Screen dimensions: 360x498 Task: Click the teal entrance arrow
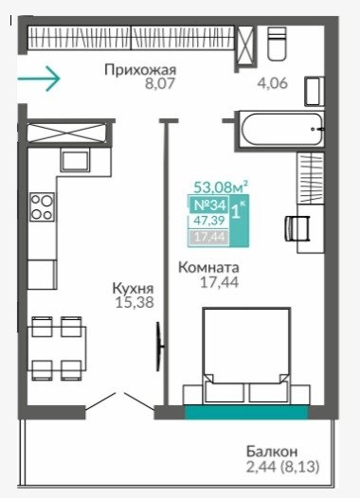click(x=39, y=79)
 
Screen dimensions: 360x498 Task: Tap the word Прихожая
click(x=140, y=70)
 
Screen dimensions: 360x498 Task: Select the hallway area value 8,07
click(x=160, y=83)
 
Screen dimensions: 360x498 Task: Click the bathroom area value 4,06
click(x=272, y=83)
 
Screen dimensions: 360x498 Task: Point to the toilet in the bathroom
click(x=277, y=44)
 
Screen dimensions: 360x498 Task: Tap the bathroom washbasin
click(x=315, y=91)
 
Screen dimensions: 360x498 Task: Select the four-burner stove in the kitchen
click(x=42, y=206)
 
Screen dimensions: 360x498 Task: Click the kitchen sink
click(x=75, y=161)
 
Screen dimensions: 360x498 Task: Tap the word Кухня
click(x=134, y=289)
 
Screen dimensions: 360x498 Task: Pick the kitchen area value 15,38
click(x=135, y=302)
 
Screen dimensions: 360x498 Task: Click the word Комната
click(x=208, y=267)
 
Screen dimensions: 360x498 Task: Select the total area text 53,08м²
click(x=221, y=187)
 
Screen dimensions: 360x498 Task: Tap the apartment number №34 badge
click(x=209, y=205)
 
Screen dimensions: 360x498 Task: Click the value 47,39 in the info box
click(x=209, y=220)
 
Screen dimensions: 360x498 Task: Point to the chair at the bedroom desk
click(x=297, y=228)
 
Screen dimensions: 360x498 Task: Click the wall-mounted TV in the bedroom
click(x=159, y=347)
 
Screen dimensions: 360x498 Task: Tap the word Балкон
click(x=272, y=452)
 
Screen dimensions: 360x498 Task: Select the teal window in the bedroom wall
click(x=246, y=412)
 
